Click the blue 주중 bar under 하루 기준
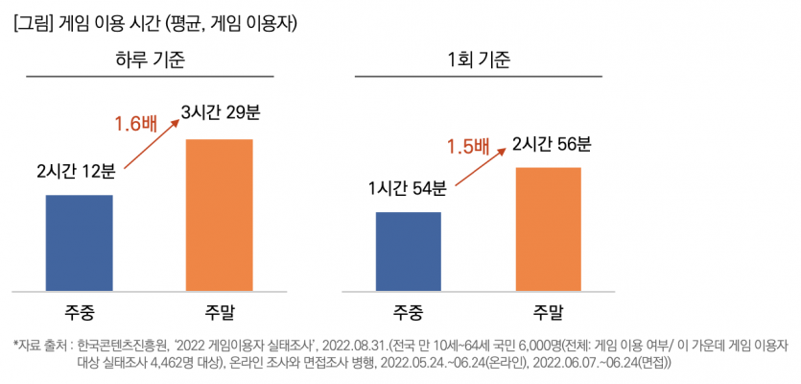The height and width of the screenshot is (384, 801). (80, 241)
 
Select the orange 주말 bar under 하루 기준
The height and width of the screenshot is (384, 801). (220, 213)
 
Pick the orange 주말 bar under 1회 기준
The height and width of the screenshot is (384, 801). (548, 228)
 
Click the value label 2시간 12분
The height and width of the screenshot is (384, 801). (76, 172)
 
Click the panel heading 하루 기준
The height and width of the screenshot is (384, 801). (150, 60)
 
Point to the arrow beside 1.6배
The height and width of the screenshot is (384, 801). (154, 145)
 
